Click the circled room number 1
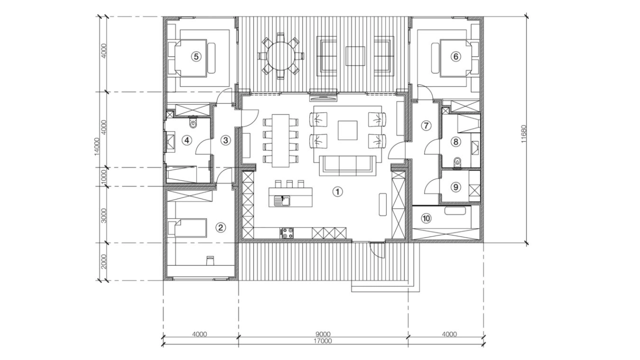point(337,191)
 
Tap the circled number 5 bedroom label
point(196,56)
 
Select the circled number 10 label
point(426,218)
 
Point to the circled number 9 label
point(455,187)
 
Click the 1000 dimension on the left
point(103,177)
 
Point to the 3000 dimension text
point(103,215)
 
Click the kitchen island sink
point(282,201)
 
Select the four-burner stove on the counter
point(287,233)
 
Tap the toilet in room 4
point(193,123)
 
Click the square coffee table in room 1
point(347,130)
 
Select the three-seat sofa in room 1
point(347,166)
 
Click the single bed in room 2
point(187,227)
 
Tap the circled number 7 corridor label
point(426,125)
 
